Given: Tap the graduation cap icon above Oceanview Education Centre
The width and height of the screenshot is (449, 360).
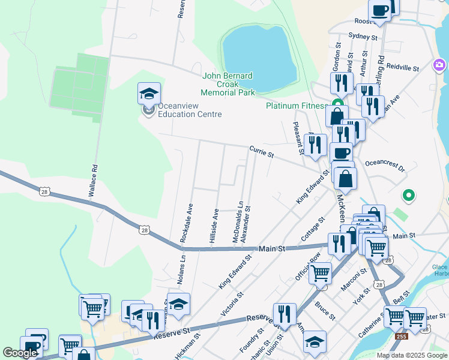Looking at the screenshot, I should (149, 94).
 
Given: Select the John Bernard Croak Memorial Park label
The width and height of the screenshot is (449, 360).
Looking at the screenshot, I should (228, 84).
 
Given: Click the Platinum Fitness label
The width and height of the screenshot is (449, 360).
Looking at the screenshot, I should (295, 106).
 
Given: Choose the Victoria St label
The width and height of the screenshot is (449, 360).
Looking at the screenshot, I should (232, 304).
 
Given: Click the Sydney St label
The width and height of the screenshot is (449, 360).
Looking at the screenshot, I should (363, 37).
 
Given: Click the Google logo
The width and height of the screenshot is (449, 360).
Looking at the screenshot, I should (20, 353).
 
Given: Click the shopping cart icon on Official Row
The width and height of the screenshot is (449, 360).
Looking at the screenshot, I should (320, 273).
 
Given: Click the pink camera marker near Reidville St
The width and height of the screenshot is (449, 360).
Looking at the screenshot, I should (440, 64).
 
